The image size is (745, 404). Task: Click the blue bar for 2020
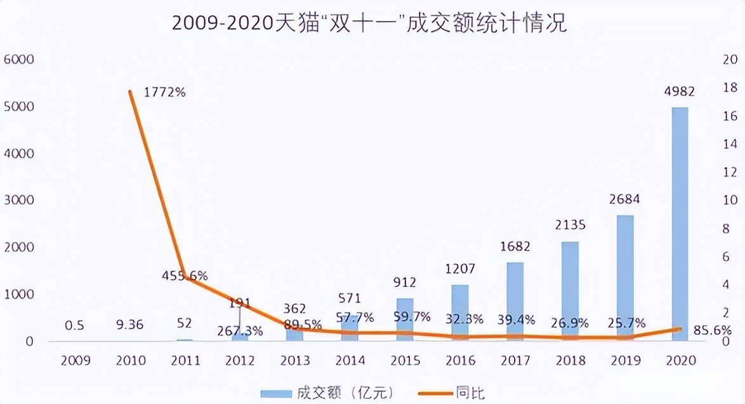tap(680, 222)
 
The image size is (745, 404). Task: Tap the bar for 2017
tap(515, 299)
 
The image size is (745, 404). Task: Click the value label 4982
tap(679, 91)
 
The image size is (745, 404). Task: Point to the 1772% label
tap(164, 92)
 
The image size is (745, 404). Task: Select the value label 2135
tap(570, 225)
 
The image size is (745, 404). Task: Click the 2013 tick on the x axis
tap(295, 361)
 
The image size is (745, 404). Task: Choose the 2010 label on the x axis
tap(131, 361)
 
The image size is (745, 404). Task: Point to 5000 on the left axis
tap(18, 107)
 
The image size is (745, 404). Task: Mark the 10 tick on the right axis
tap(729, 200)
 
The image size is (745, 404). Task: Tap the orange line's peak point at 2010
tap(130, 91)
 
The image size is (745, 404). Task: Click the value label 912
tap(405, 281)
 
